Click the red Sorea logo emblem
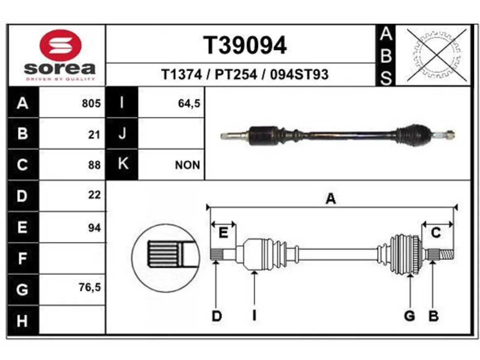[x=60, y=45]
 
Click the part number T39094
[x=245, y=45]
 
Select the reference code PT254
[x=236, y=74]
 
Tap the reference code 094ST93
[x=299, y=74]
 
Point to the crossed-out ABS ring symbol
[x=437, y=55]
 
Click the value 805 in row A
[x=91, y=103]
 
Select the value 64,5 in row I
[x=189, y=103]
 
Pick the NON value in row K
[x=187, y=165]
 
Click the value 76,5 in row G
[x=90, y=287]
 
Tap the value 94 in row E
[x=94, y=228]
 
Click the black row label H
[x=23, y=320]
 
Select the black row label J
[x=122, y=133]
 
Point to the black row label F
[x=23, y=258]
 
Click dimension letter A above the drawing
[x=331, y=199]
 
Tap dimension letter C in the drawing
[x=436, y=232]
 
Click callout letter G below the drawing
[x=409, y=316]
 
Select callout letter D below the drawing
[x=217, y=316]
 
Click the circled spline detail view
[x=165, y=258]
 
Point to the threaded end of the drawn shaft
[x=447, y=255]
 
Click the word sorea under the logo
[x=60, y=69]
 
